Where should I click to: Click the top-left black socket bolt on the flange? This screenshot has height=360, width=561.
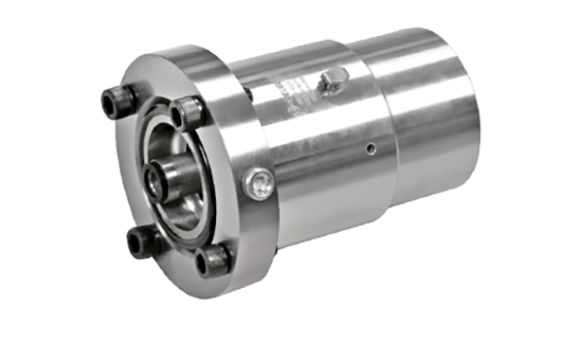(x=117, y=100)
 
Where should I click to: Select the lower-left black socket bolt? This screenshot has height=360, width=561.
(x=142, y=244)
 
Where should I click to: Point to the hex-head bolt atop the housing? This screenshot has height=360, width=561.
(x=332, y=79)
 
